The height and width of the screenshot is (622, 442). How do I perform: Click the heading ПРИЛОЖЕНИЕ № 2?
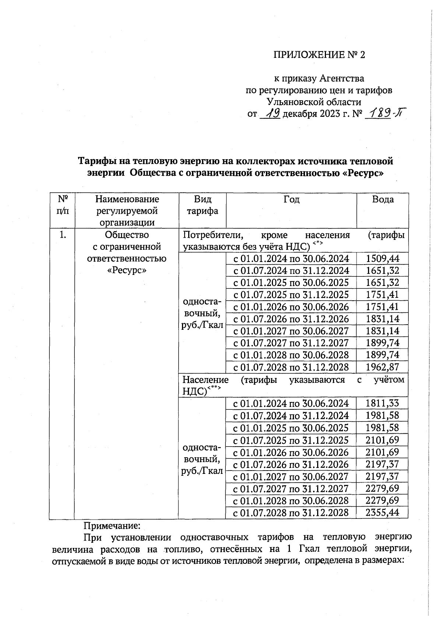click(x=319, y=55)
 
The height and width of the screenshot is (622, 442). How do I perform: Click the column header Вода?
click(x=383, y=199)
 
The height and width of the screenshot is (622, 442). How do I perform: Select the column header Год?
click(x=291, y=199)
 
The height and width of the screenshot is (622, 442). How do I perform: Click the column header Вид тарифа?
click(x=202, y=205)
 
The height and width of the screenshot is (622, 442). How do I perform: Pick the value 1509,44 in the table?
click(x=382, y=258)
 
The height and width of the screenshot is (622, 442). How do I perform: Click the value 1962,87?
click(x=382, y=367)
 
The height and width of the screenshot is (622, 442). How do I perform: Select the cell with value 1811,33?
click(x=382, y=403)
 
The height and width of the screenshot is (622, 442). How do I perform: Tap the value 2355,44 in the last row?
click(x=382, y=512)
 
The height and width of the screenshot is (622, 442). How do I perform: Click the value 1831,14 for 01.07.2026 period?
click(x=382, y=319)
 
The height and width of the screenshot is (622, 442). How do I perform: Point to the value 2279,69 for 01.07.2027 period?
click(x=382, y=488)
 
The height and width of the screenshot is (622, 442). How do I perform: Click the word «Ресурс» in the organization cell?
click(x=127, y=270)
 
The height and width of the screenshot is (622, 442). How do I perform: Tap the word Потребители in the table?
click(x=212, y=235)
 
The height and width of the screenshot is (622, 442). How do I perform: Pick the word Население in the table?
click(x=205, y=380)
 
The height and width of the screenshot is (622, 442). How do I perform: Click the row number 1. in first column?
click(x=63, y=235)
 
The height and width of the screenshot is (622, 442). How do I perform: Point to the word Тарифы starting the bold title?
click(x=95, y=161)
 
